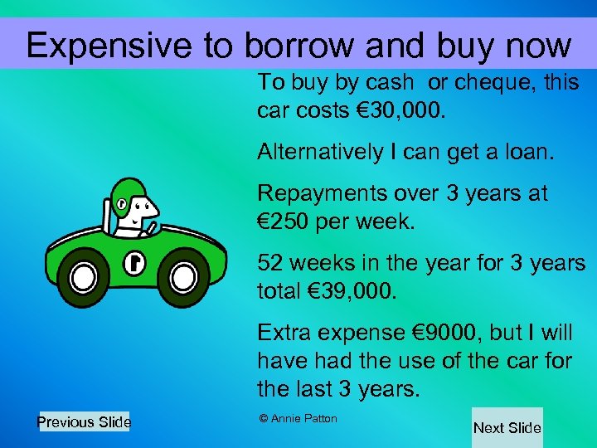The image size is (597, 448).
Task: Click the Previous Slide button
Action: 84,422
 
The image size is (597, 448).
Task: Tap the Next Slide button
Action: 507,428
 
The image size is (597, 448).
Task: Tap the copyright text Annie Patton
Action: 298,418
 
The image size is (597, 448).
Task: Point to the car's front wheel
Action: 184,276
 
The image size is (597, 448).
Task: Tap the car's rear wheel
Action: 85,275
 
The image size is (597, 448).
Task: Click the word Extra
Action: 284,334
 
